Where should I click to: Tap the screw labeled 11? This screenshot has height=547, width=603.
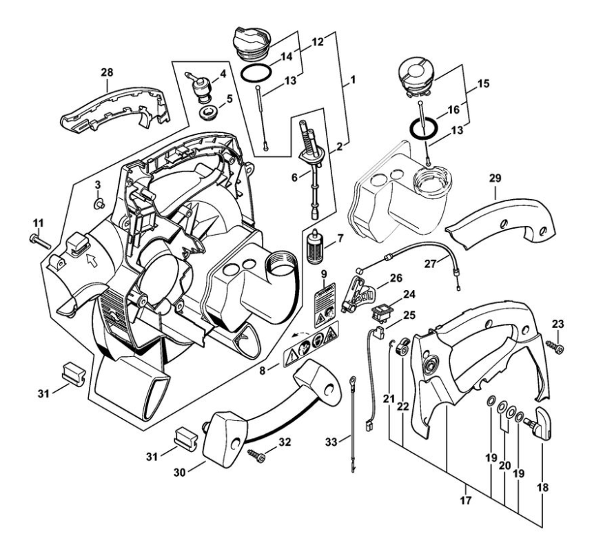point(39,239)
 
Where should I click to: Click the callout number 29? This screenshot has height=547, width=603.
point(495,178)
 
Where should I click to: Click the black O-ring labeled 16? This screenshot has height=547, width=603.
point(421,127)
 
